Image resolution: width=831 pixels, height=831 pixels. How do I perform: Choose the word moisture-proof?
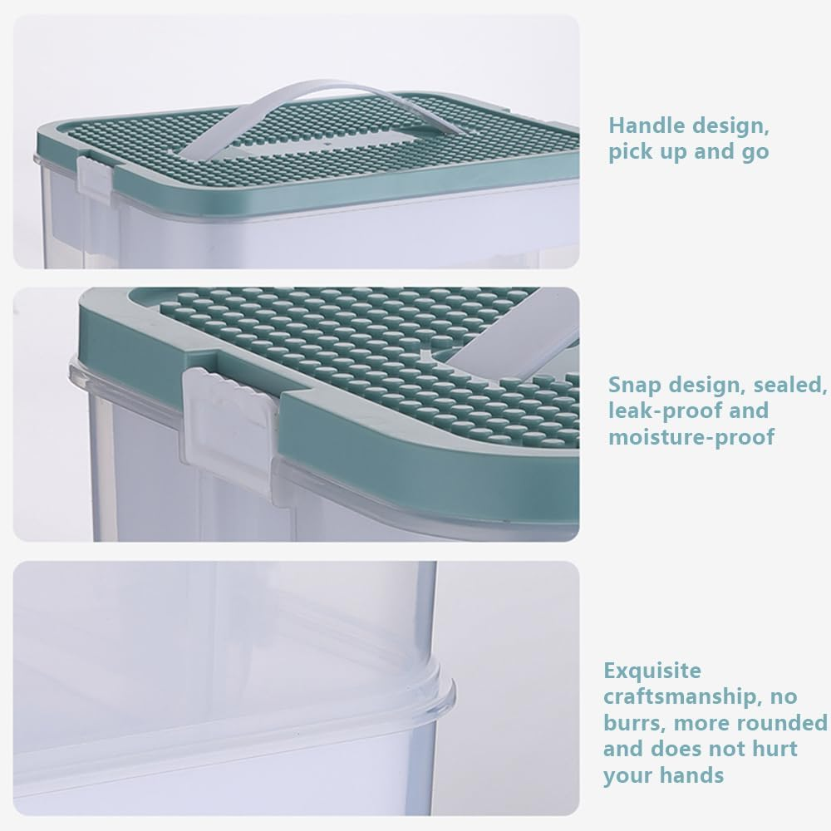pyautogui.click(x=691, y=438)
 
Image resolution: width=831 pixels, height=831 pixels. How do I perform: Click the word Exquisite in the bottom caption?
pyautogui.click(x=652, y=671)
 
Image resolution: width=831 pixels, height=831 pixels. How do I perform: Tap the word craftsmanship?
pyautogui.click(x=681, y=697)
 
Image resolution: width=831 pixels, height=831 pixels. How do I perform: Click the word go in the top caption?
pyautogui.click(x=754, y=153)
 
